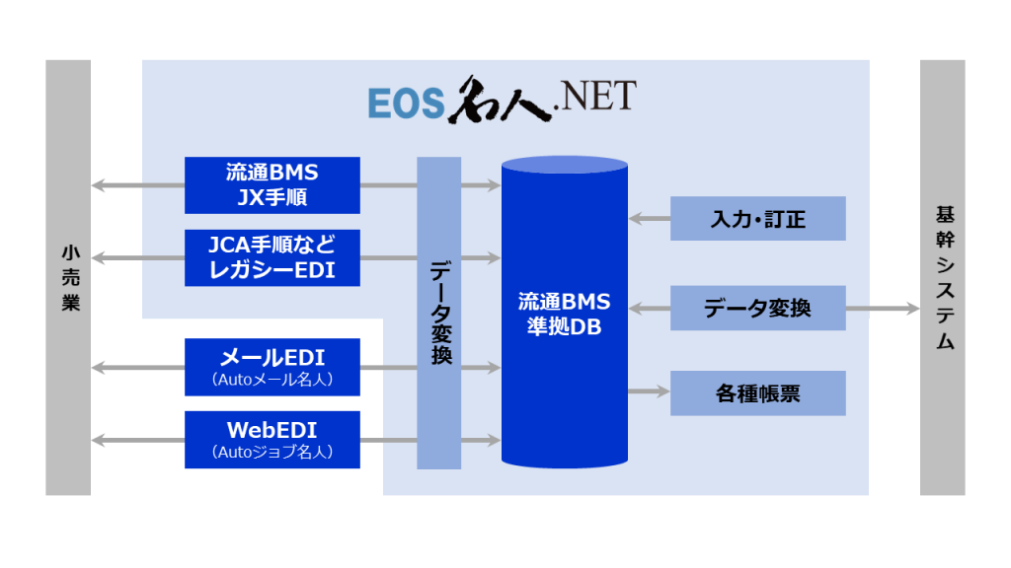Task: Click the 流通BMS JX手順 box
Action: pyautogui.click(x=272, y=184)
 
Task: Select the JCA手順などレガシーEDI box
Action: pyautogui.click(x=272, y=257)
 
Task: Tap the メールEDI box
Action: pyautogui.click(x=272, y=367)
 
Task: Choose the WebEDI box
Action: pyautogui.click(x=272, y=440)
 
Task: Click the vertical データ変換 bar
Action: pyautogui.click(x=439, y=313)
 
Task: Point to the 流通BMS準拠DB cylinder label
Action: pyautogui.click(x=564, y=315)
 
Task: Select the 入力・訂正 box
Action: pyautogui.click(x=758, y=218)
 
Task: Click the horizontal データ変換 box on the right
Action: pyautogui.click(x=758, y=308)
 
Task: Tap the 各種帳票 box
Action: pyautogui.click(x=758, y=392)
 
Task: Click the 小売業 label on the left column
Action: pyautogui.click(x=70, y=277)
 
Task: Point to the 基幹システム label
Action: pyautogui.click(x=945, y=277)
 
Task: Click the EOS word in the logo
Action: pyautogui.click(x=407, y=103)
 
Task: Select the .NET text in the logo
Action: pyautogui.click(x=595, y=96)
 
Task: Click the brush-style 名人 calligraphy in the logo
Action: pyautogui.click(x=501, y=100)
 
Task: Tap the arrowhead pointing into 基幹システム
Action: pyautogui.click(x=913, y=309)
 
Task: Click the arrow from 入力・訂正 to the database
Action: pyautogui.click(x=650, y=219)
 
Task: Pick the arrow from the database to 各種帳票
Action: pyautogui.click(x=650, y=391)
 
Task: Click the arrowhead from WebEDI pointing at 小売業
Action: pyautogui.click(x=98, y=441)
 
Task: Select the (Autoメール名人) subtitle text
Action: pyautogui.click(x=272, y=380)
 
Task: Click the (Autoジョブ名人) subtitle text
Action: pyautogui.click(x=272, y=452)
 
